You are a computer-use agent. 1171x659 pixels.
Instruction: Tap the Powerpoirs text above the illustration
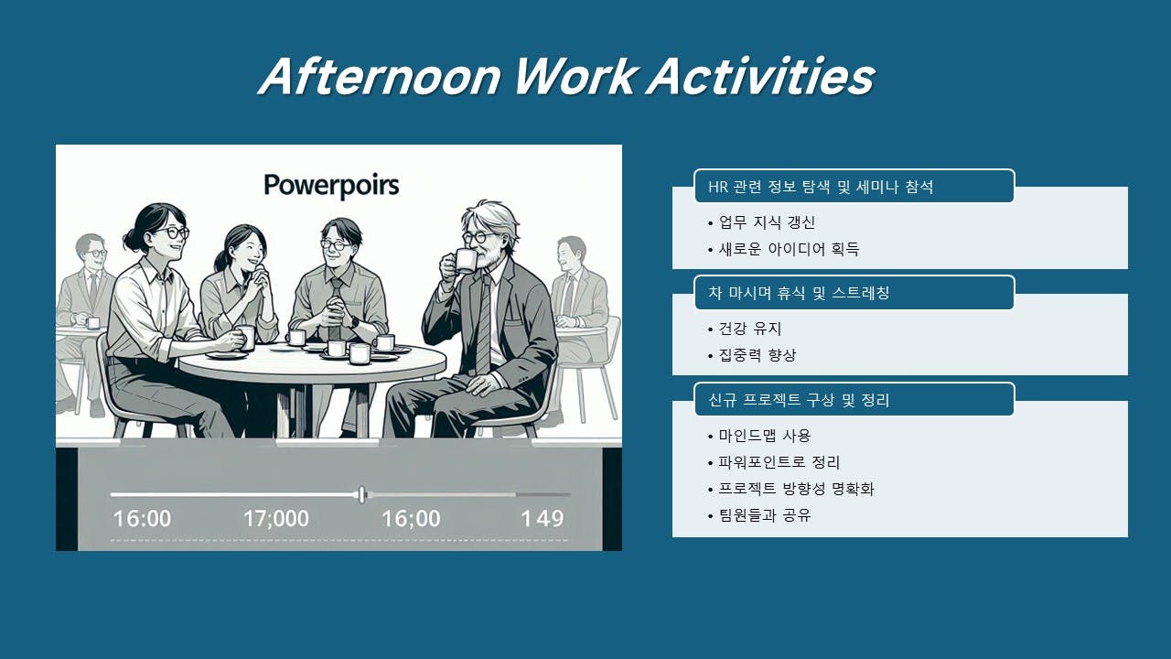pyautogui.click(x=331, y=185)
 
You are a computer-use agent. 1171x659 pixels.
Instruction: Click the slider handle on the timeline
pyautogui.click(x=362, y=494)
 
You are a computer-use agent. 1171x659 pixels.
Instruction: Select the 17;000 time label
pyautogui.click(x=276, y=519)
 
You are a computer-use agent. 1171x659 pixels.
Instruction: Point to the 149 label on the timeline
pyautogui.click(x=543, y=519)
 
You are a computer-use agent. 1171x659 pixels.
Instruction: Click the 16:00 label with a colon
pyautogui.click(x=142, y=519)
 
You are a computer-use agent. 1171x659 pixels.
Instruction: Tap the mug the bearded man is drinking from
pyautogui.click(x=464, y=261)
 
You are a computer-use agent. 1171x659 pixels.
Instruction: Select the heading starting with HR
pyautogui.click(x=821, y=187)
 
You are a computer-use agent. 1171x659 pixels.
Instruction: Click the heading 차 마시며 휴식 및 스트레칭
pyautogui.click(x=799, y=293)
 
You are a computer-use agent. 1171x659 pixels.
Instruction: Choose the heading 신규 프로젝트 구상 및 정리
pyautogui.click(x=799, y=400)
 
